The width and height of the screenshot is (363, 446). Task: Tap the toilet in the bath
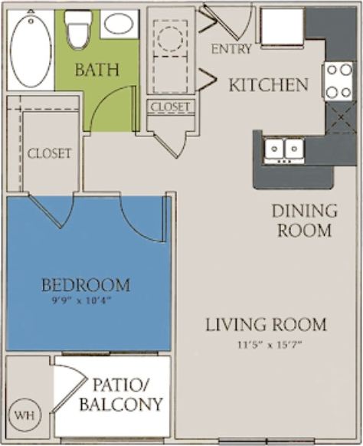[77, 28]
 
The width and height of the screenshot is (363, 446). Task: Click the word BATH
[96, 69]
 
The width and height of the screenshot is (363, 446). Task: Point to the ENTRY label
[231, 50]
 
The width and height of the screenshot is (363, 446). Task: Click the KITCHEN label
[268, 84]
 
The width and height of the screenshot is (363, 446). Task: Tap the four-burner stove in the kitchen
[337, 80]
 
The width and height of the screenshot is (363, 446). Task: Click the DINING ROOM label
[304, 220]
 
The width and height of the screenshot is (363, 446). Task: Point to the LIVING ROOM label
[265, 324]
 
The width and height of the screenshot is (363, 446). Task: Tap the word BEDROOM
[85, 285]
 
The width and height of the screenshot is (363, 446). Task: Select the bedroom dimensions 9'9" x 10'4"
[86, 300]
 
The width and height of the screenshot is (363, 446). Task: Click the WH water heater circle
[25, 416]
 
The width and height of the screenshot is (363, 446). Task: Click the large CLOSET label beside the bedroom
[49, 153]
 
